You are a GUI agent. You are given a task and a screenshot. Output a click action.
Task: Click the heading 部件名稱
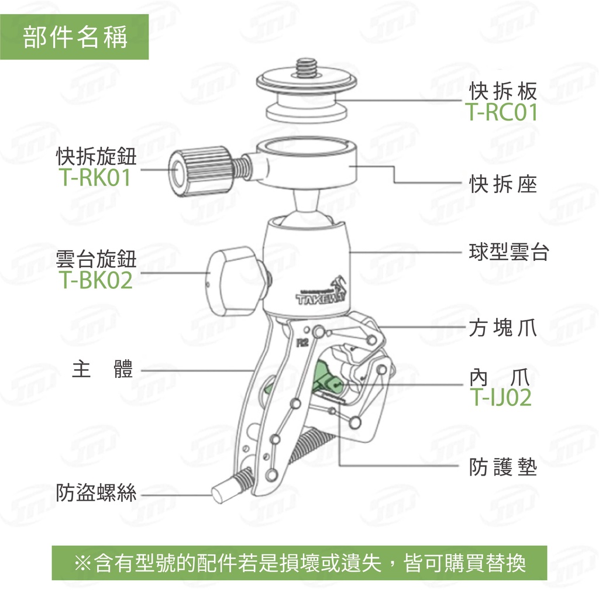75,37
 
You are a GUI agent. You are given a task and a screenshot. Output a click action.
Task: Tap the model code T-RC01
501,112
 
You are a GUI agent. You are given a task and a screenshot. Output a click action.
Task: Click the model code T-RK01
95,177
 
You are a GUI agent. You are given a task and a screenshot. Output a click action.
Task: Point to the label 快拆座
502,184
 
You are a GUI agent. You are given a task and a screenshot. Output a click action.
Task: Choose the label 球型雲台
509,252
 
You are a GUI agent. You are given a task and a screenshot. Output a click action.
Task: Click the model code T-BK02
95,280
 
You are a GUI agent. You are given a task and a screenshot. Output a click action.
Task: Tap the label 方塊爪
502,328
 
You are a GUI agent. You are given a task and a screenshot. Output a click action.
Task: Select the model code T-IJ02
501,397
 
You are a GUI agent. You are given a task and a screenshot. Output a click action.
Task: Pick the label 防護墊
502,466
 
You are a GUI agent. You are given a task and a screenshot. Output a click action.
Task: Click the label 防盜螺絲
96,492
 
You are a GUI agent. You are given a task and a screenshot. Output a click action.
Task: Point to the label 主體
102,369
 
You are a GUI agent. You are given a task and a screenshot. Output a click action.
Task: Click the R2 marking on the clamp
302,343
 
